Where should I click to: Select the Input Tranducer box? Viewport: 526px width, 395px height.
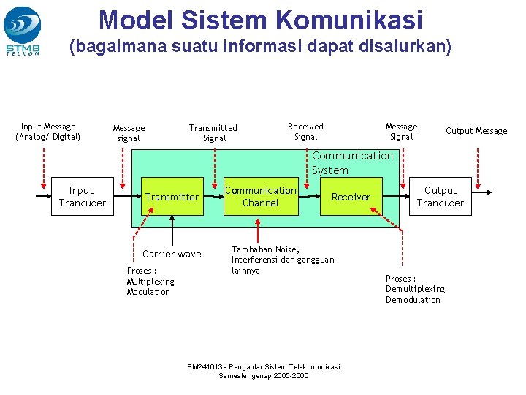click(82, 197)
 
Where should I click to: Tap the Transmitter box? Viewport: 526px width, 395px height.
click(172, 197)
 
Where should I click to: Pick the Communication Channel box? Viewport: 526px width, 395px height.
click(261, 196)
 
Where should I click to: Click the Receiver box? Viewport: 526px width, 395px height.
click(351, 197)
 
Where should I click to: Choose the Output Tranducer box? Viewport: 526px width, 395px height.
click(440, 197)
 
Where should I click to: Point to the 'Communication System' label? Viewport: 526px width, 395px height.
click(351, 162)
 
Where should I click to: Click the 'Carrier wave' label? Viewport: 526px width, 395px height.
click(172, 254)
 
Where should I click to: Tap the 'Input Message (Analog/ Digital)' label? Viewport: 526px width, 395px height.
click(48, 132)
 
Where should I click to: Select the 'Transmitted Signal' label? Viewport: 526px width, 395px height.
click(213, 132)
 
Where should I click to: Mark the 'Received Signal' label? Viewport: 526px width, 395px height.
click(305, 132)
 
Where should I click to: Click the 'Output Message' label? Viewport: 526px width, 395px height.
click(476, 131)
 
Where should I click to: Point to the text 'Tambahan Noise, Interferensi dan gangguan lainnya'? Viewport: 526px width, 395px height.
click(283, 260)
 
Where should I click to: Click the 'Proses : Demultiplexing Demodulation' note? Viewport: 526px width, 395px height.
click(415, 289)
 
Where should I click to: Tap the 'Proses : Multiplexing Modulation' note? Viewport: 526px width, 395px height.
click(150, 281)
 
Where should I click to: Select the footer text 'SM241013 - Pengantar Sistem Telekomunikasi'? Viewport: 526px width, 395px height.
click(264, 367)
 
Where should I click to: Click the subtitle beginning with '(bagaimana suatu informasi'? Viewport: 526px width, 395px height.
click(260, 48)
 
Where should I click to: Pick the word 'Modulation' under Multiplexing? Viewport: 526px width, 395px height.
click(148, 292)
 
